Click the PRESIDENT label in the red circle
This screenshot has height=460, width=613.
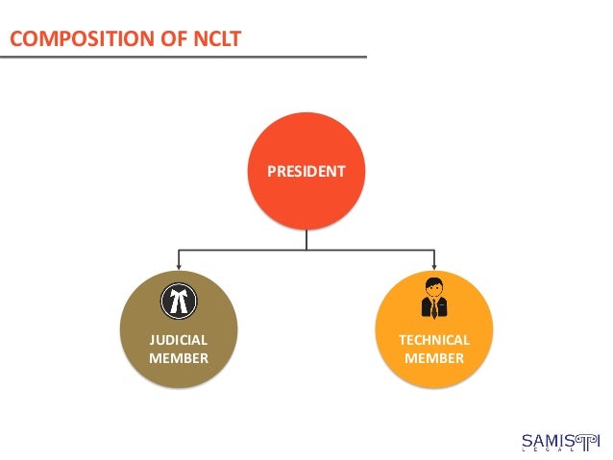[x=306, y=172]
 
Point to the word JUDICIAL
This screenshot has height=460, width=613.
[x=178, y=340]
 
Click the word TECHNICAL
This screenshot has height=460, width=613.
[x=434, y=340]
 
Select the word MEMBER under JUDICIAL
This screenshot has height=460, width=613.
[x=178, y=358]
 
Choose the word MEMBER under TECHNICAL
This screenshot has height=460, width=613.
[x=434, y=358]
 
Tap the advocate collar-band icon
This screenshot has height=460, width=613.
[x=178, y=301]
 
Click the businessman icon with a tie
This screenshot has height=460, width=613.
[x=434, y=299]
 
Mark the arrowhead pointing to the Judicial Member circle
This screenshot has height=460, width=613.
[x=178, y=265]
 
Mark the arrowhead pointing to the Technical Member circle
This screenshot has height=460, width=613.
[x=434, y=265]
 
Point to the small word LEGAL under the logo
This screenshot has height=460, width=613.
[x=557, y=451]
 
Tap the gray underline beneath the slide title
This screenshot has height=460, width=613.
[x=183, y=57]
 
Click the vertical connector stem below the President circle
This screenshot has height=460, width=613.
[x=306, y=240]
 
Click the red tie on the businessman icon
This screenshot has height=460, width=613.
[x=434, y=307]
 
